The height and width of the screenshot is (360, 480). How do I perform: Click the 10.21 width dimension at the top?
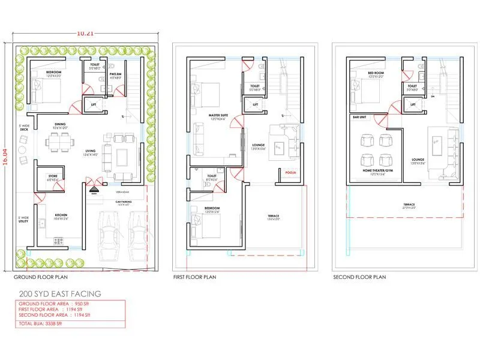pyautogui.click(x=86, y=34)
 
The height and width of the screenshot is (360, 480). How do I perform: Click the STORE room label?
pyautogui.click(x=53, y=176)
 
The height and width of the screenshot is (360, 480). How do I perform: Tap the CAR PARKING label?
pyautogui.click(x=123, y=202)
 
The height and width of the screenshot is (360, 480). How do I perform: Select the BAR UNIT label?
pyautogui.click(x=360, y=118)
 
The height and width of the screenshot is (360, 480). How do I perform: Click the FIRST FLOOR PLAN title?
pyautogui.click(x=194, y=277)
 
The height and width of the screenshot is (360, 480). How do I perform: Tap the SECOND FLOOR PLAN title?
pyautogui.click(x=359, y=277)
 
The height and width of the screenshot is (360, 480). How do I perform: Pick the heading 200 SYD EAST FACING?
pyautogui.click(x=60, y=294)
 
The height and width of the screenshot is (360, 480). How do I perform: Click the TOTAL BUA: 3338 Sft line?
pyautogui.click(x=40, y=323)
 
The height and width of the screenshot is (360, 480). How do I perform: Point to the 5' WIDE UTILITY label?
pyautogui.click(x=23, y=219)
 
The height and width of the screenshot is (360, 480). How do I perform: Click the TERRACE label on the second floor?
pyautogui.click(x=409, y=205)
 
